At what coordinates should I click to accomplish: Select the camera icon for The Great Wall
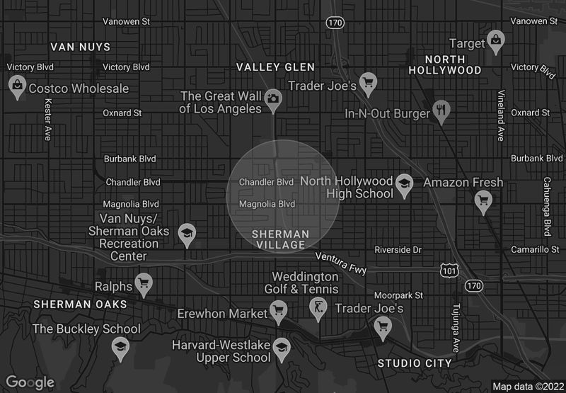[x=272, y=100]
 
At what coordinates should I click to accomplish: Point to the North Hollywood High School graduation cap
[x=404, y=183]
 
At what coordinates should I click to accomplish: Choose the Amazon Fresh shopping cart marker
[x=483, y=201]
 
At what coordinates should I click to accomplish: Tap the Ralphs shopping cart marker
[x=144, y=284]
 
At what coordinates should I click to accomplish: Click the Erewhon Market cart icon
[x=279, y=309]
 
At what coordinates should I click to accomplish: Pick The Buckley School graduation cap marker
[x=120, y=346]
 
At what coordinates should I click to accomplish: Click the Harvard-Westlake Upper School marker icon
[x=282, y=346]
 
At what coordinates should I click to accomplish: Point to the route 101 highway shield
[x=448, y=270]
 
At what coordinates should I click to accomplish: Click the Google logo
[x=30, y=382]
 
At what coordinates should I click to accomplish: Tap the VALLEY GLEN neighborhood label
[x=275, y=67]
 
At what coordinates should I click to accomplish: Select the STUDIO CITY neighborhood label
[x=415, y=363]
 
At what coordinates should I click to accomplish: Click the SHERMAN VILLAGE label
[x=281, y=239]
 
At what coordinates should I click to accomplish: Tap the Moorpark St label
[x=398, y=295]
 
